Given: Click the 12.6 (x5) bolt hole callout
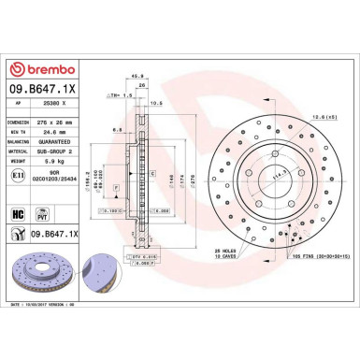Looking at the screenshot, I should click(x=324, y=115).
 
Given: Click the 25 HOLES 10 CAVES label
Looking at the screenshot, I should click(x=228, y=255).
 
